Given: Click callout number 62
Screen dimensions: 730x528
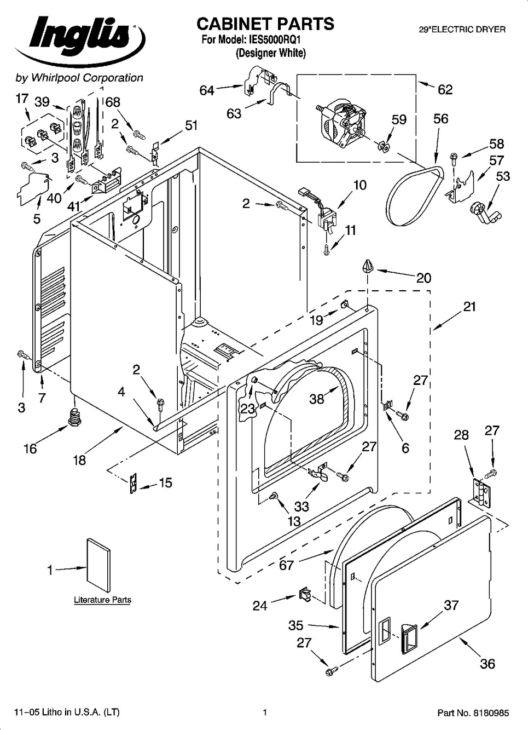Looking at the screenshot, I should point(445,89).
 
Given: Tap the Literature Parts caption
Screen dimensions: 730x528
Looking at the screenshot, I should point(102,600).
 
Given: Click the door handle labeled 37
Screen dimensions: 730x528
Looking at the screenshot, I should point(408,636).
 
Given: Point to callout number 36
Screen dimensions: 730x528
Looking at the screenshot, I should point(487,664).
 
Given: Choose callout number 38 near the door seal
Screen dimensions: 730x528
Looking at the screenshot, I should point(317,399).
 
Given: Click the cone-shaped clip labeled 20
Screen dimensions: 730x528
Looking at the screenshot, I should point(367,267).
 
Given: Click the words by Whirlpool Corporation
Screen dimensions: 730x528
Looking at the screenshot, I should point(79,78).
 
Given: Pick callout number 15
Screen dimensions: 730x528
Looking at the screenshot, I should point(165,482).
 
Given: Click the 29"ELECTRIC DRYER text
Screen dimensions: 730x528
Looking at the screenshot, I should point(462,30).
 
